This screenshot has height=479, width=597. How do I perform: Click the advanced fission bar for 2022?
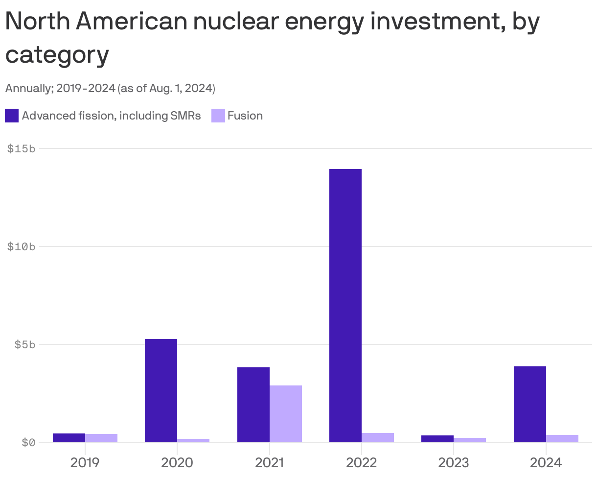(x=345, y=305)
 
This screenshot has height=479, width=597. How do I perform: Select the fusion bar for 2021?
(x=286, y=413)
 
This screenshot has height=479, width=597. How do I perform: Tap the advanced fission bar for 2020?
(x=161, y=390)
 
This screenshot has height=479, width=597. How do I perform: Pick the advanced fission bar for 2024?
(x=529, y=404)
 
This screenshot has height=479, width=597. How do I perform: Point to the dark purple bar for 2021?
(x=253, y=405)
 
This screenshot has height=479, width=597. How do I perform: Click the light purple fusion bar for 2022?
(x=378, y=437)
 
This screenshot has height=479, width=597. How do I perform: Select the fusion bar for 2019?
(x=101, y=438)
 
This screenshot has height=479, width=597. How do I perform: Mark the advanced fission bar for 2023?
(x=437, y=438)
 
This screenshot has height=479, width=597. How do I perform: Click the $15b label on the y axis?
(x=22, y=148)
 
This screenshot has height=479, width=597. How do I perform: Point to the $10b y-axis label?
(x=22, y=246)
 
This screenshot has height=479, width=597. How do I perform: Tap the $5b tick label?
(x=24, y=344)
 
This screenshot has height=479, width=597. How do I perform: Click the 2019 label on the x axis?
(x=85, y=462)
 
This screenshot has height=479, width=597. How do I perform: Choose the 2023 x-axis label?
(x=454, y=462)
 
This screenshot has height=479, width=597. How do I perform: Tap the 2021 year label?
(x=269, y=462)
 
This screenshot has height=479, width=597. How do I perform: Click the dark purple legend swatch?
(x=12, y=116)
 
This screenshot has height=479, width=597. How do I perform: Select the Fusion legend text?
(x=245, y=116)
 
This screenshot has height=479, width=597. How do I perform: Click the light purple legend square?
(x=218, y=116)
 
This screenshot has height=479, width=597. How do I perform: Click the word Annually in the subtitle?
(x=27, y=89)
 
